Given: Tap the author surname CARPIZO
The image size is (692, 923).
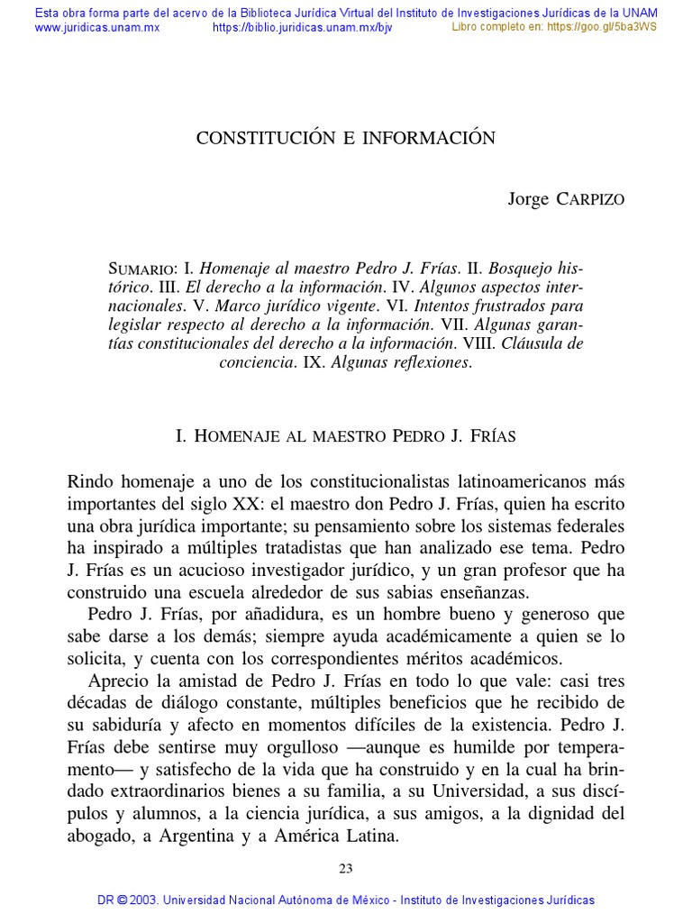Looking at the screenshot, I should coord(588,199).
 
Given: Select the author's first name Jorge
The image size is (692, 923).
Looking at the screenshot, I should coord(528,199).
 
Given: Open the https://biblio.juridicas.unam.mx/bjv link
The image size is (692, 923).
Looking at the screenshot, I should coord(302,27).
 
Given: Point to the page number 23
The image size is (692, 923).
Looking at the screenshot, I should coord(346,868).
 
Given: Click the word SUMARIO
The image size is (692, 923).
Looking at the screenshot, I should coord(141,270).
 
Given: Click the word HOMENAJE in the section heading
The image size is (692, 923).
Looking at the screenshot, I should coord(233,435).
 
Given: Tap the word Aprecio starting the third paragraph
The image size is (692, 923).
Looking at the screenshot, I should coord(118,681).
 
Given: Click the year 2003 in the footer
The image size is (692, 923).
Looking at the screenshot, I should coord(146,900).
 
